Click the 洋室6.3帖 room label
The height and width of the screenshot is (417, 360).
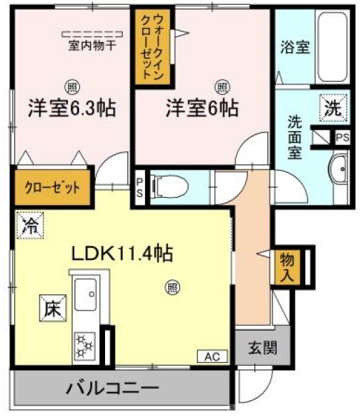pyautogui.click(x=71, y=110)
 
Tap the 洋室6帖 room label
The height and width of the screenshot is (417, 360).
pyautogui.click(x=202, y=110)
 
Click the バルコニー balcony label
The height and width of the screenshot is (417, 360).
pyautogui.click(x=113, y=388)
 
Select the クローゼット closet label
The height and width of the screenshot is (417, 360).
pyautogui.click(x=53, y=188)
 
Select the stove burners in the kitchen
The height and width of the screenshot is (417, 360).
pyautogui.click(x=85, y=346)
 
